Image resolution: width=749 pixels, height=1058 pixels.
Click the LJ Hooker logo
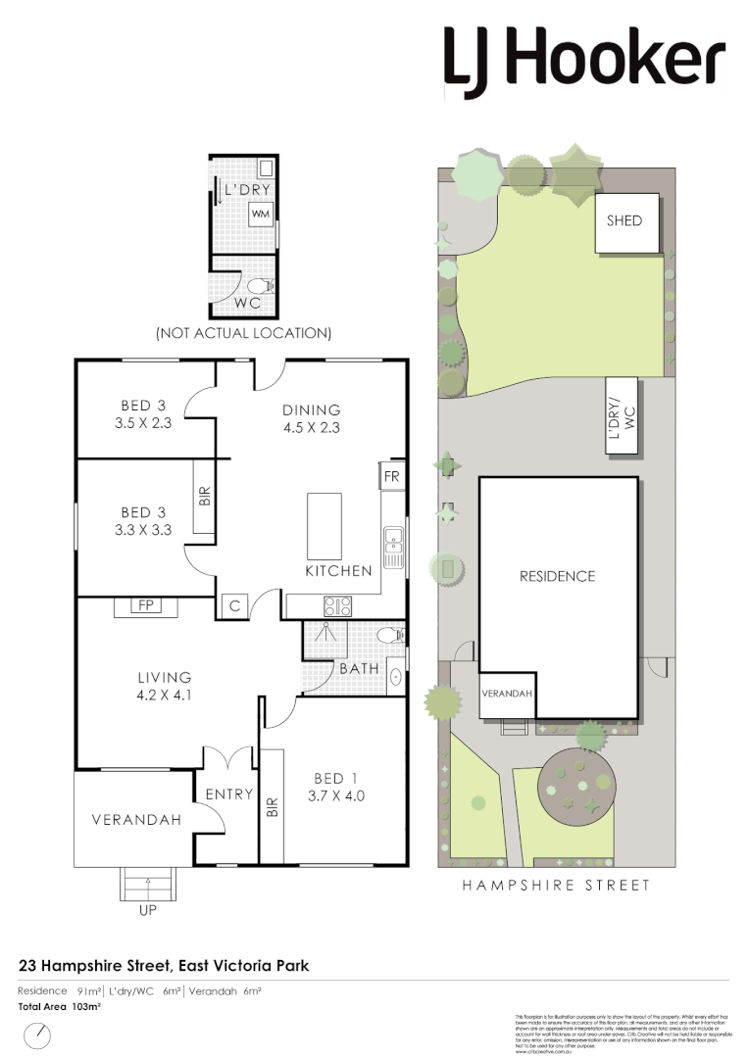click(x=584, y=60)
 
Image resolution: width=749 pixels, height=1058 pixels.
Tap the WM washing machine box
click(x=260, y=214)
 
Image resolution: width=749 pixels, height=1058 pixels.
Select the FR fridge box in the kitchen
click(x=390, y=476)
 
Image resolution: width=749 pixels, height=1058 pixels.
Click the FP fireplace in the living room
click(x=147, y=606)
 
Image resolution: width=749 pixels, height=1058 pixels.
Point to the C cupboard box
click(x=234, y=606)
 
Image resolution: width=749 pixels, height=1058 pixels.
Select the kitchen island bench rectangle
click(x=324, y=525)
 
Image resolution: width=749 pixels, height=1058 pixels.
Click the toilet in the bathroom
click(x=390, y=636)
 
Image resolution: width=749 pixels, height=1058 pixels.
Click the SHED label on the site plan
click(x=624, y=220)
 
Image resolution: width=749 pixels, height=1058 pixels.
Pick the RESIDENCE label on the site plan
click(x=557, y=576)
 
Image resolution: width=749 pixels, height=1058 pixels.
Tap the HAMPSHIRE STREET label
click(x=557, y=886)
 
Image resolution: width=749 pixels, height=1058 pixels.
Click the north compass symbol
click(x=38, y=1034)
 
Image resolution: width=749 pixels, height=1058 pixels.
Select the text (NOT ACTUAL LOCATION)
click(x=244, y=333)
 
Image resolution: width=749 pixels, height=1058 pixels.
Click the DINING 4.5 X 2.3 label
click(x=311, y=418)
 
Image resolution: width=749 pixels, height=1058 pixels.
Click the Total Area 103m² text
click(x=60, y=1006)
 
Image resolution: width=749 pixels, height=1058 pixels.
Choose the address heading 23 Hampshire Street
click(x=164, y=966)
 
